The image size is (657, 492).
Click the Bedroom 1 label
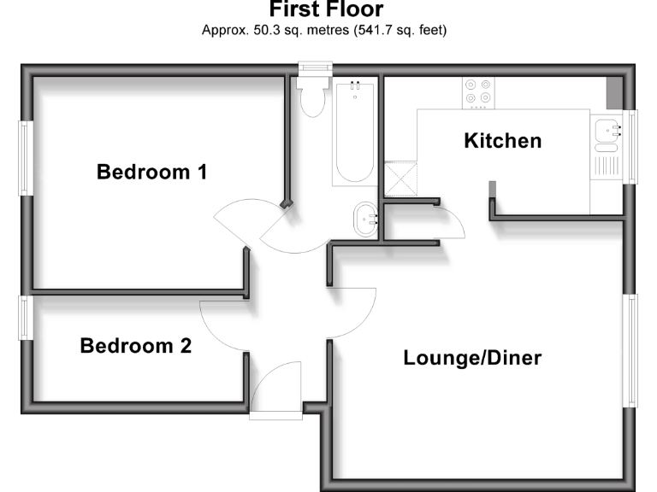tap(152, 173)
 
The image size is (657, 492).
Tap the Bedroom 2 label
tap(136, 347)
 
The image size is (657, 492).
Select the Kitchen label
tap(502, 141)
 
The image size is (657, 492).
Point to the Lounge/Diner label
tap(472, 358)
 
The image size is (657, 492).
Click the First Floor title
tap(326, 10)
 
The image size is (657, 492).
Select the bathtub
tap(352, 132)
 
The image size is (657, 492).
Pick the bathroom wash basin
tap(366, 220)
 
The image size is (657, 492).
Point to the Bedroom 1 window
tap(27, 158)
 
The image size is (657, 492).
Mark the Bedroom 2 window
tap(25, 317)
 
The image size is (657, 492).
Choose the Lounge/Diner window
tap(630, 350)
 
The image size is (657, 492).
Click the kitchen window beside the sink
tap(632, 146)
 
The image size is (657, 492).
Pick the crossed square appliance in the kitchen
tap(399, 179)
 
